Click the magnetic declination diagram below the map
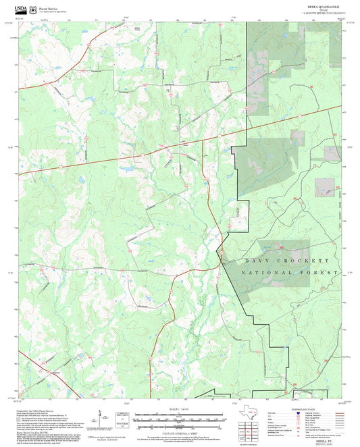(101, 415)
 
